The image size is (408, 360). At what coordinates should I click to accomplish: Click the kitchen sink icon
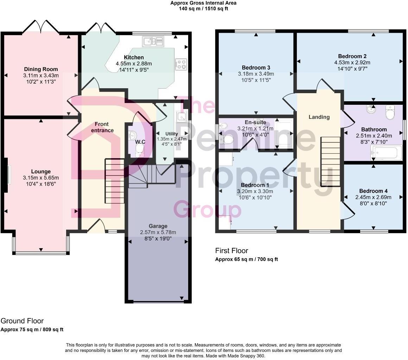coord(153,41)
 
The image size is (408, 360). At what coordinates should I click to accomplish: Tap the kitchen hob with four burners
coord(181,64)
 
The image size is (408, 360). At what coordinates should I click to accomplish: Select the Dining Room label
coord(41,69)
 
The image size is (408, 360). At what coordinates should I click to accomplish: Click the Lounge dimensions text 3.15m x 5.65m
coord(41,178)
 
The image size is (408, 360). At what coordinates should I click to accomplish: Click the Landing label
coord(319,117)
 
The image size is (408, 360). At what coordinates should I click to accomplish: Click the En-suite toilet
coord(227,140)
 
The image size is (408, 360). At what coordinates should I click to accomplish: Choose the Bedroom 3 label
coord(256,67)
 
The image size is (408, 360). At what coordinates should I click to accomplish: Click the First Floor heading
coord(231,251)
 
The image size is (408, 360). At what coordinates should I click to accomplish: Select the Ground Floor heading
coord(22,321)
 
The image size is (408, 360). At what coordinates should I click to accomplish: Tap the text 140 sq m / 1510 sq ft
coord(203,8)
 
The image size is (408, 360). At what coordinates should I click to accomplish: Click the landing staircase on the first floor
coord(330,161)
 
